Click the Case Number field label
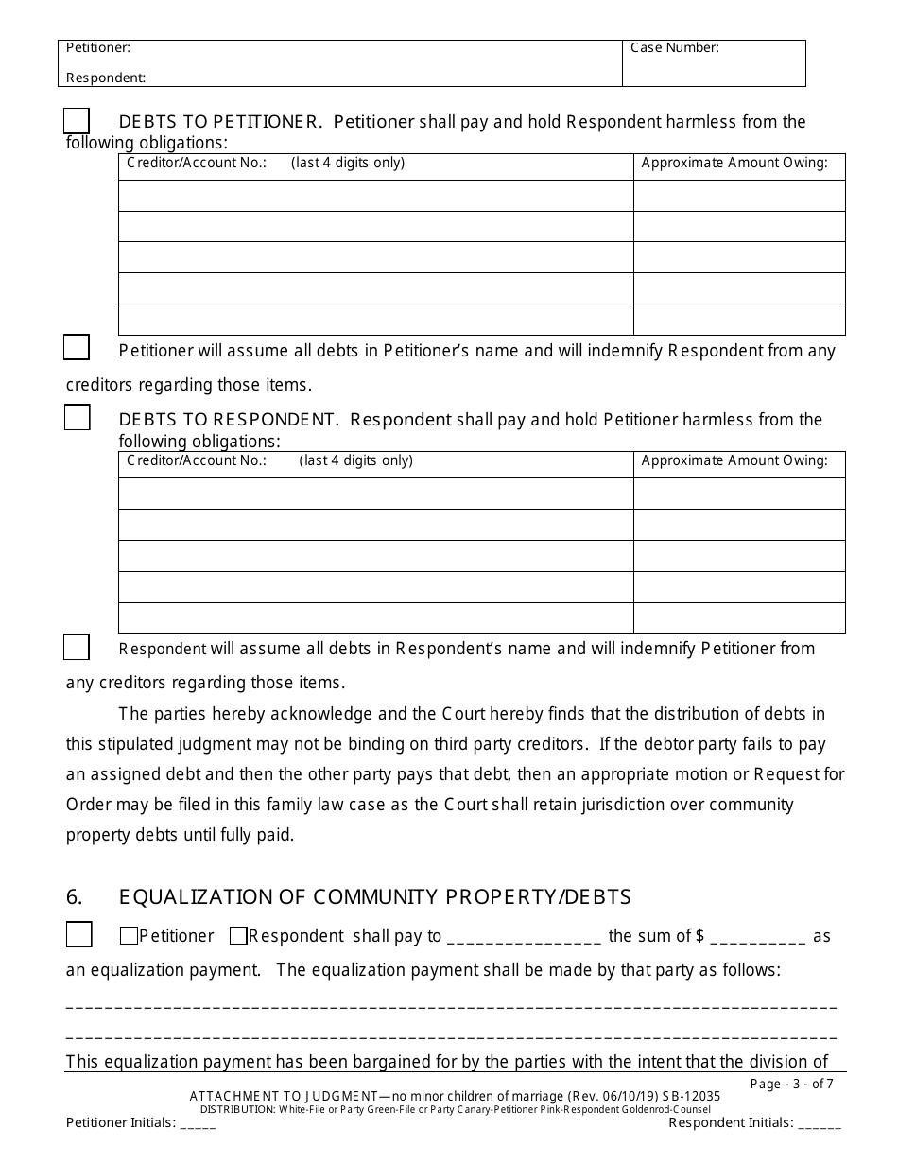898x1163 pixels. [675, 48]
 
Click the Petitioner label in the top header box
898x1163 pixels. [98, 47]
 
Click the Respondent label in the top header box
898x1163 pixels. [106, 78]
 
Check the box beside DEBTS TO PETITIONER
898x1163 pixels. [77, 121]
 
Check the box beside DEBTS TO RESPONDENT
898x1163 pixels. [77, 418]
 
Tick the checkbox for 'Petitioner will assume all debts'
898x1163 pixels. [77, 348]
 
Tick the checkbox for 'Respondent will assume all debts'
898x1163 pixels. [77, 647]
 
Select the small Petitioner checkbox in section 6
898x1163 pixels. [129, 936]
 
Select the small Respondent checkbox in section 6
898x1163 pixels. [238, 936]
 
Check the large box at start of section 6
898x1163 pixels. [78, 935]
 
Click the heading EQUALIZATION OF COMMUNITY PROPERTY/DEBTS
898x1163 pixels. [374, 896]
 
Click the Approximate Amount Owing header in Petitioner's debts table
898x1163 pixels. [734, 163]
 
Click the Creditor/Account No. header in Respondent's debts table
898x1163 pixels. [197, 461]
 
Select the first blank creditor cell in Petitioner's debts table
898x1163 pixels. [375, 196]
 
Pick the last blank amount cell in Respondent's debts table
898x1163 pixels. [739, 617]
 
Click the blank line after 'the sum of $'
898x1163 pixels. [757, 938]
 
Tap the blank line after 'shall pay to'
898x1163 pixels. [524, 938]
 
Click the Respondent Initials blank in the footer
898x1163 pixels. [819, 1124]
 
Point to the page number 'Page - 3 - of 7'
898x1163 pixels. [790, 1085]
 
